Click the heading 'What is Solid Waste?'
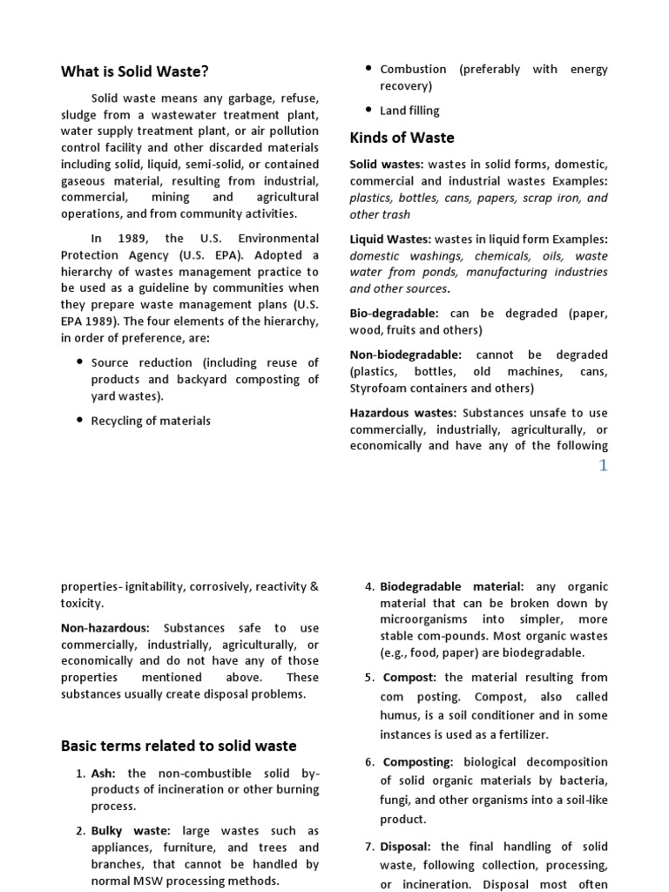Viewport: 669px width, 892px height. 134,71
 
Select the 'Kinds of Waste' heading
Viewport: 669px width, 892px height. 402,138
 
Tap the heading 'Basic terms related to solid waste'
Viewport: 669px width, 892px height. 179,746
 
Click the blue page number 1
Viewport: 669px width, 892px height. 602,465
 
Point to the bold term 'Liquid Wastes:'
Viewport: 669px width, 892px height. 389,240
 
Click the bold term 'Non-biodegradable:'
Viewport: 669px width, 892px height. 405,355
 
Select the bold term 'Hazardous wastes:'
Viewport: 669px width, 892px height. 402,413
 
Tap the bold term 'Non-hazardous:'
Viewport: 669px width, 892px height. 105,628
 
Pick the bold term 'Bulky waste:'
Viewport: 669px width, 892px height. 131,831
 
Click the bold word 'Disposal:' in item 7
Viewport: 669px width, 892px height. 408,847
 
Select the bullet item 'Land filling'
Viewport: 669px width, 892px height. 409,111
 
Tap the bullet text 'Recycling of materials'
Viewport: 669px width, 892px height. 151,421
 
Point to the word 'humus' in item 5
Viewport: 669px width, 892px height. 399,716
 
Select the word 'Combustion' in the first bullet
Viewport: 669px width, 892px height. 413,69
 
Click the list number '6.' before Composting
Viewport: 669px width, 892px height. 369,762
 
